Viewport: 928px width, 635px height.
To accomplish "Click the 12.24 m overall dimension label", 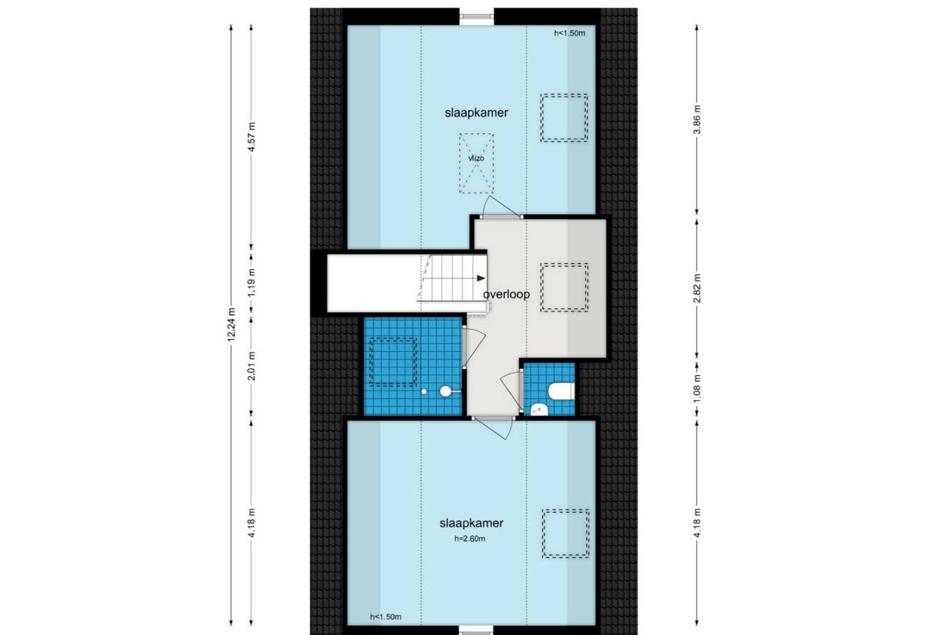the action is tap(231, 325).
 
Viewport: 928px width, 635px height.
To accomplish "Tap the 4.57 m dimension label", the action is tap(251, 137).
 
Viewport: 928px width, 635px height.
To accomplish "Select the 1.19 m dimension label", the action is tap(251, 283).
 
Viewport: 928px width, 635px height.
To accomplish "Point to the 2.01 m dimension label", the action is tap(251, 366).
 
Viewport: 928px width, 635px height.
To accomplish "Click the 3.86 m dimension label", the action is tap(697, 119).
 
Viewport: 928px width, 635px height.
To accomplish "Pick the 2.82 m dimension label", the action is tap(697, 288).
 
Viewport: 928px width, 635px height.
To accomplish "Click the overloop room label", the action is tap(506, 295).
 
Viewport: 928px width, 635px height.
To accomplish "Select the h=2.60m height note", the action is tap(470, 539).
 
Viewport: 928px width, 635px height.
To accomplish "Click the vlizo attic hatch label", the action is tap(476, 158).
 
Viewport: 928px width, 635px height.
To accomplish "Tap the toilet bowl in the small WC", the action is tap(561, 391).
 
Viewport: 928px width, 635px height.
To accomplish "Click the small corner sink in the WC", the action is tap(540, 410).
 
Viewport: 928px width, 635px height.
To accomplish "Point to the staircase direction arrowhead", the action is tap(481, 278).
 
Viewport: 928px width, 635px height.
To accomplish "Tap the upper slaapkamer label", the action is tap(476, 113).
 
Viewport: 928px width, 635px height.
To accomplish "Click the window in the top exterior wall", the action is tap(477, 16).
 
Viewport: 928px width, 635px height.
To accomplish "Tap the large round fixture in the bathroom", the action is tap(445, 391).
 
